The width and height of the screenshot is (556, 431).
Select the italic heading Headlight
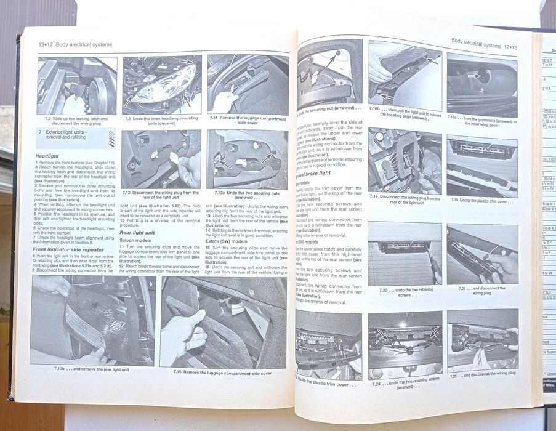tap(47, 156)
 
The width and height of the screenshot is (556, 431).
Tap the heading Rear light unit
tap(139, 232)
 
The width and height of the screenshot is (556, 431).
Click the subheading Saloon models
tap(137, 240)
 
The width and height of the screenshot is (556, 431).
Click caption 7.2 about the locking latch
tap(76, 121)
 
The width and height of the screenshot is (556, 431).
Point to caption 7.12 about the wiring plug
tap(160, 195)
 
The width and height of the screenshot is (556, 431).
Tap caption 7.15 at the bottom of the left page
tap(222, 373)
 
